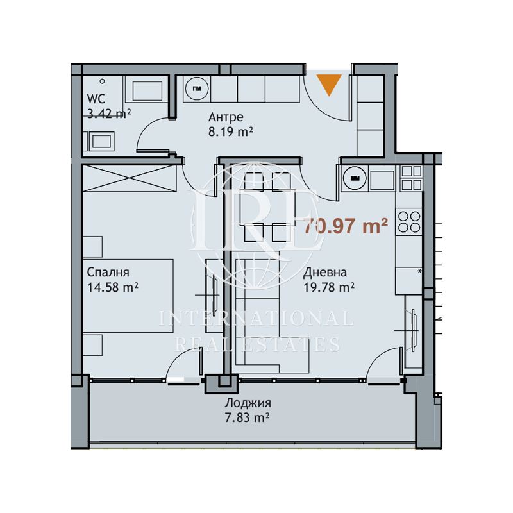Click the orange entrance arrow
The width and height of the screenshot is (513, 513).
329,85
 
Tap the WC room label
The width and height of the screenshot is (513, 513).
96,99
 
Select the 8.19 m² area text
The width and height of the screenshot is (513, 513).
231,131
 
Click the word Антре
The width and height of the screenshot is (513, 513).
226,117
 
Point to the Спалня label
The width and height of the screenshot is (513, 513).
108,272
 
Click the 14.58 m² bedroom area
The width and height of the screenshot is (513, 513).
113,287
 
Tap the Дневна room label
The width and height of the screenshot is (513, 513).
325,272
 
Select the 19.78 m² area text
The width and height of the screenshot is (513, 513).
329,287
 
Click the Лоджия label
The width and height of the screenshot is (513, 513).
248,403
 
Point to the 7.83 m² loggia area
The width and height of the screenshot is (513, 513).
247,418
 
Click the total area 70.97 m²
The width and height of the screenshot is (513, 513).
346,226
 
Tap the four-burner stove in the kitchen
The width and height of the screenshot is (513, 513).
409,222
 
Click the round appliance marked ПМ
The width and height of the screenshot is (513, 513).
197,88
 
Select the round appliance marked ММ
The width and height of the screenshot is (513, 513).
355,178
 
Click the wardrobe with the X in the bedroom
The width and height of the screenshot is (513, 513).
130,178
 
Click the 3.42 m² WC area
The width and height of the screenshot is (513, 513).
109,114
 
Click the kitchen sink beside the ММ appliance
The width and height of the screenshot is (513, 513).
382,180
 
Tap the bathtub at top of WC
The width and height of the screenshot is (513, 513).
147,91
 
